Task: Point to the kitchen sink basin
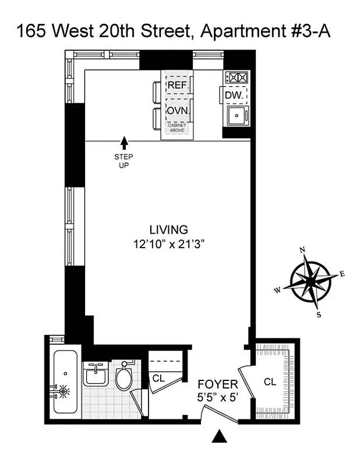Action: point(237,115)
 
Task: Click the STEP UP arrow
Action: point(123,142)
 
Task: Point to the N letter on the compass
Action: point(302,249)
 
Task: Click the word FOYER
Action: point(217,384)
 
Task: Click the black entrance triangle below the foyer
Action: point(220,436)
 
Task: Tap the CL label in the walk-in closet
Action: point(269,382)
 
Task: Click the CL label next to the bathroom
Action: point(158,378)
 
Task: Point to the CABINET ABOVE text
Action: point(178,129)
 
